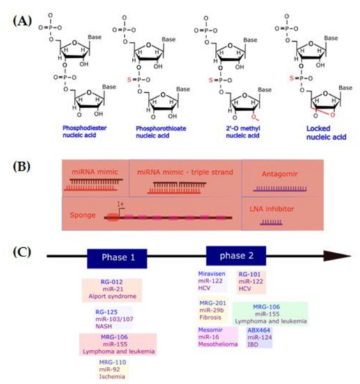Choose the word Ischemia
point(114,377)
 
